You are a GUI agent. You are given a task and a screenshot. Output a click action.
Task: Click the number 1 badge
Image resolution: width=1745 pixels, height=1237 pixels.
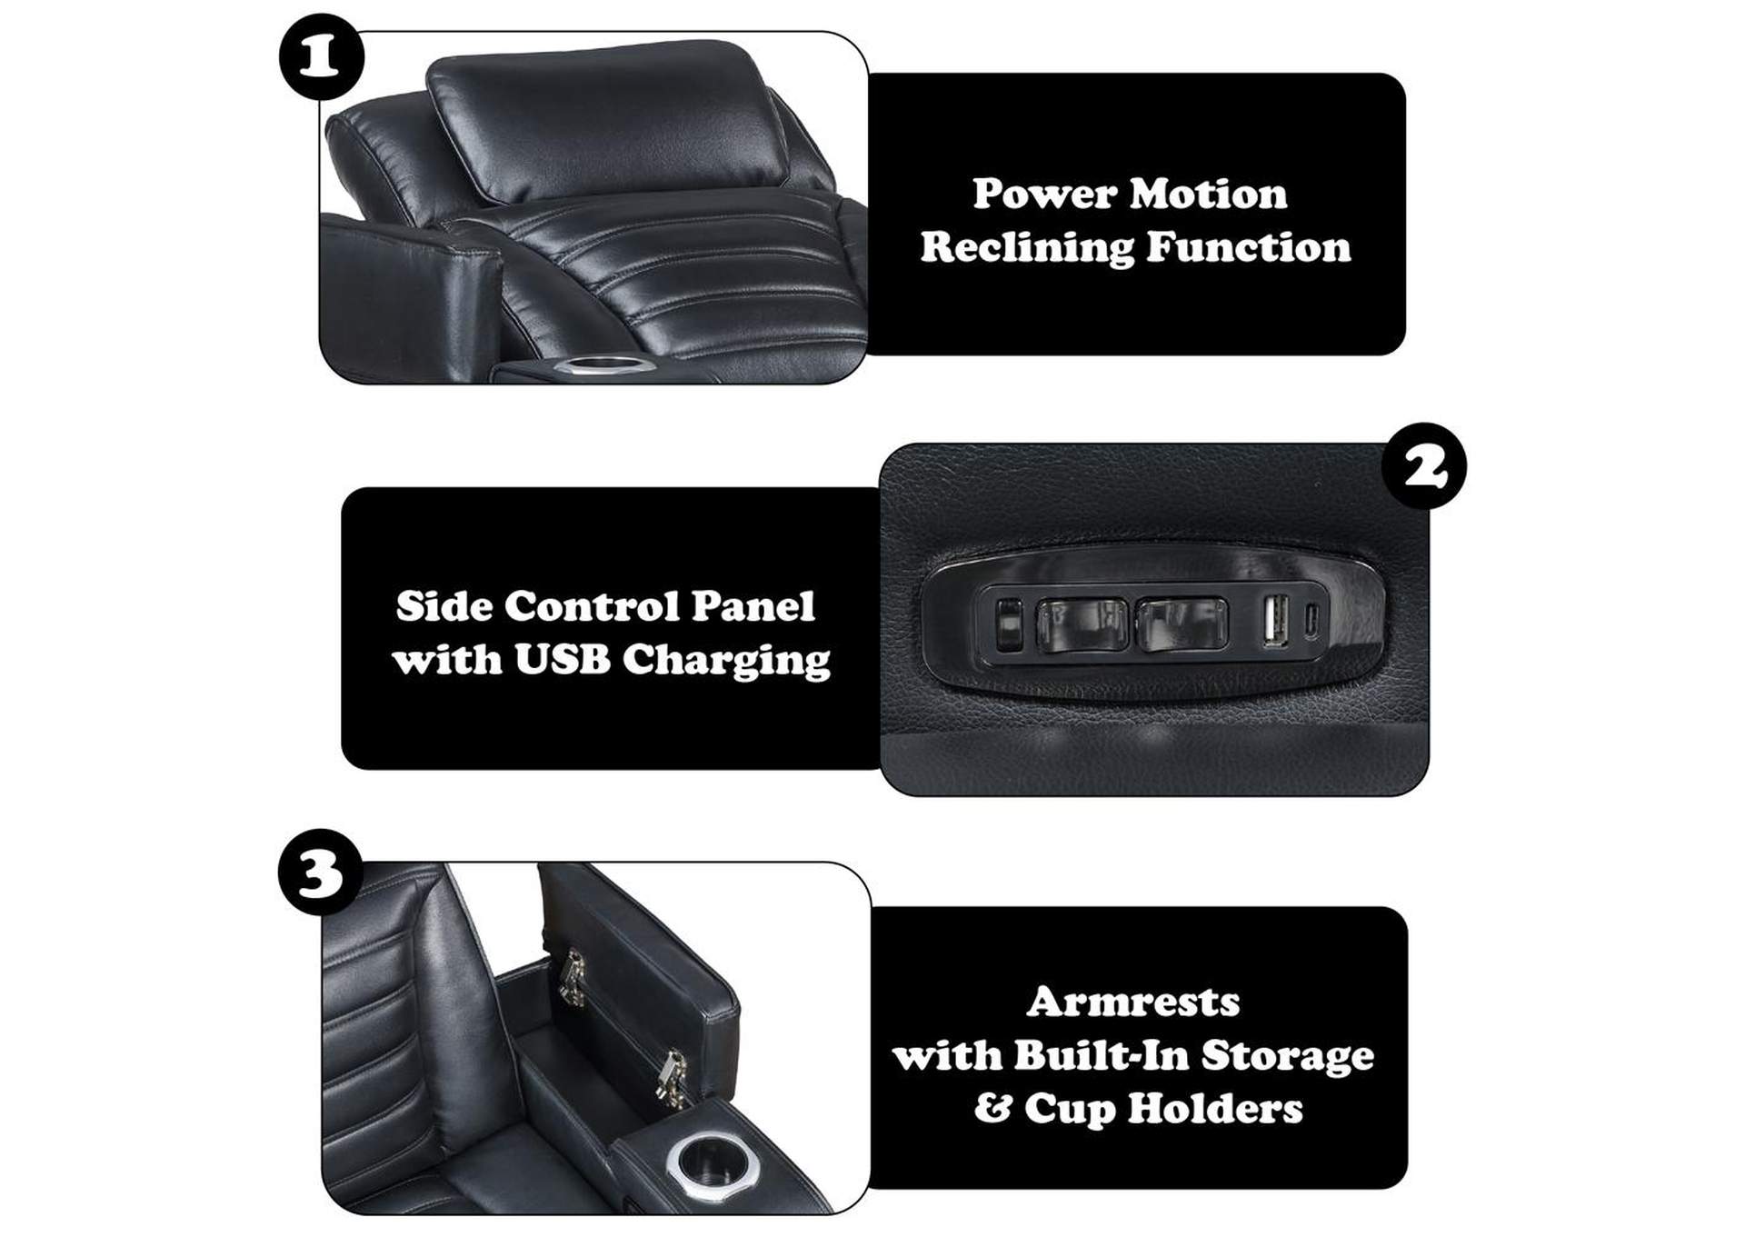tap(320, 57)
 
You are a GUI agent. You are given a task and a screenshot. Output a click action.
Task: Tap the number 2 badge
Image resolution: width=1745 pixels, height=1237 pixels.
tap(1423, 465)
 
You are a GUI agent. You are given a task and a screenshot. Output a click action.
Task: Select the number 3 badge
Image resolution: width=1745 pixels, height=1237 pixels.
tap(320, 872)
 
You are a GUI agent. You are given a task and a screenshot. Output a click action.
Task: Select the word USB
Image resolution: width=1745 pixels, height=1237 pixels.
tap(562, 660)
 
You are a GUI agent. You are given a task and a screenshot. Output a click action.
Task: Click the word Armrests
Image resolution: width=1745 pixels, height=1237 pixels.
tap(1133, 1002)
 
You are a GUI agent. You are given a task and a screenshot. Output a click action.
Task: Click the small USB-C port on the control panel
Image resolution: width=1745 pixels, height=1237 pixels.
tap(1311, 621)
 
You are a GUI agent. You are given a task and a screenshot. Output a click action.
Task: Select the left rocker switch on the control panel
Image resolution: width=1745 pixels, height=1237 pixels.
tap(1082, 623)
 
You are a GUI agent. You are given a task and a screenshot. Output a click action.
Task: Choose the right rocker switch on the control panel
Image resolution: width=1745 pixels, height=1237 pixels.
tap(1181, 623)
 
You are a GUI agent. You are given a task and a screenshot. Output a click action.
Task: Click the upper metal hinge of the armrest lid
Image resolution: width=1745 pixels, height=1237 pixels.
tap(573, 977)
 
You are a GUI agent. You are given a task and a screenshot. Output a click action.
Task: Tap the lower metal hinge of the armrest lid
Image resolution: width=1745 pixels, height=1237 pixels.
tap(673, 1078)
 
